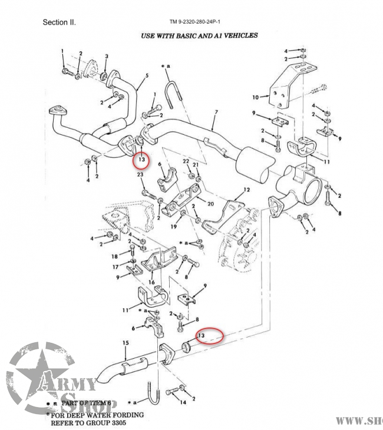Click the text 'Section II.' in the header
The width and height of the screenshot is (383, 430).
(x=59, y=23)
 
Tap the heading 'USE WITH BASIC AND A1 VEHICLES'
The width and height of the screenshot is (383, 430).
(x=199, y=35)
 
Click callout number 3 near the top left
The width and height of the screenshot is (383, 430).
(x=106, y=56)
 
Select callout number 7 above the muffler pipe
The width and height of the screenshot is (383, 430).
(x=216, y=112)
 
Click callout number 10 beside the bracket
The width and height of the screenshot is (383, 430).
(x=255, y=97)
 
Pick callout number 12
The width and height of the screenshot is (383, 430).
(x=247, y=190)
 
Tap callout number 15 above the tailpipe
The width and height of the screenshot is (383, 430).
(x=125, y=343)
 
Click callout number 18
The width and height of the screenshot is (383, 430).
(x=115, y=256)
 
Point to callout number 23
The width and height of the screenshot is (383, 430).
(x=140, y=174)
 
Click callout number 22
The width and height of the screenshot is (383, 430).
(x=186, y=161)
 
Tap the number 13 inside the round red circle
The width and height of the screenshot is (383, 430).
(x=141, y=159)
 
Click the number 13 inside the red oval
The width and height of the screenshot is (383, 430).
(x=202, y=335)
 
